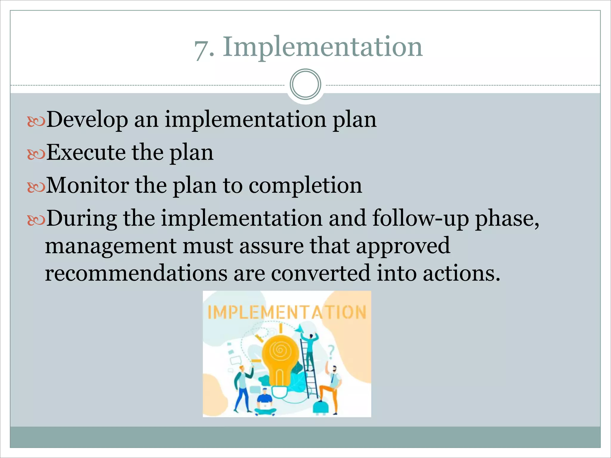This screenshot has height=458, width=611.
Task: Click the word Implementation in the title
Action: coord(323,47)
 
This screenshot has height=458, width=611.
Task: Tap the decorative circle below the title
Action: coord(305,84)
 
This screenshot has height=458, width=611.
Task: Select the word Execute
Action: coord(86,152)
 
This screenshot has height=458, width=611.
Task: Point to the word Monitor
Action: coord(87,185)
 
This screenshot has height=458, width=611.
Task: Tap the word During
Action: coord(81,218)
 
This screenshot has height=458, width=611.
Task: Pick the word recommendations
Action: coord(136,273)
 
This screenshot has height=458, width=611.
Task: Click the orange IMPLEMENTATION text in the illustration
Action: coord(286,312)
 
